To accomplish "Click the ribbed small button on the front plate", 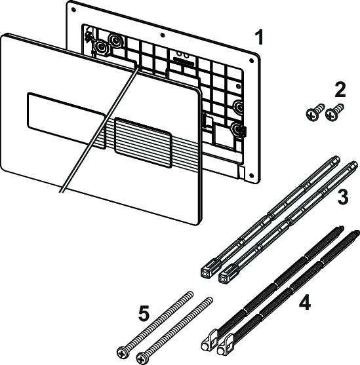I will tap(143, 137).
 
